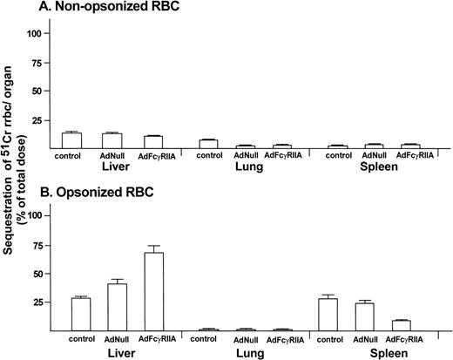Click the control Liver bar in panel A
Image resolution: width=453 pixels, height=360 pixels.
71,140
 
